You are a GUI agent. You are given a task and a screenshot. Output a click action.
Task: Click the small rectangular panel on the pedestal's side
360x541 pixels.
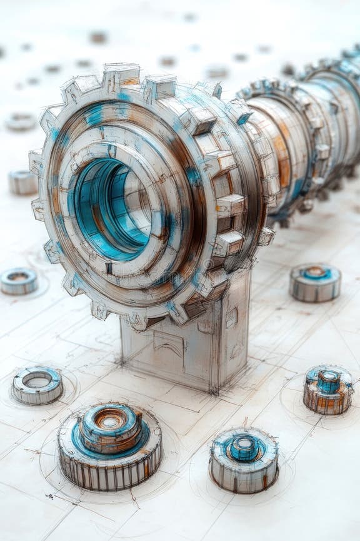click(x=231, y=318)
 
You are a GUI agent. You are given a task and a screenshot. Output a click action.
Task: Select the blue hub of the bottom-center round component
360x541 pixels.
click(x=244, y=447)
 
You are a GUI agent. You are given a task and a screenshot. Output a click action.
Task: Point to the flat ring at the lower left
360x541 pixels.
click(x=37, y=385)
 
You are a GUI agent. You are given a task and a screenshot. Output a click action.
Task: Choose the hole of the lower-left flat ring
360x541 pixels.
click(x=37, y=380)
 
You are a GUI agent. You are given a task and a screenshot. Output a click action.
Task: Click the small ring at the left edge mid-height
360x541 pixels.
click(x=18, y=281)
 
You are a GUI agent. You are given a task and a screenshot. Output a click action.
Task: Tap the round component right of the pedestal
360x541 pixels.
click(x=315, y=282)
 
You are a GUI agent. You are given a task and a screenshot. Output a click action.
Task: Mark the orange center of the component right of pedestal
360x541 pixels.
click(x=316, y=273)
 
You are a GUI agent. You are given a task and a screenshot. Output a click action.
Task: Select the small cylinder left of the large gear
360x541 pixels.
click(x=23, y=182)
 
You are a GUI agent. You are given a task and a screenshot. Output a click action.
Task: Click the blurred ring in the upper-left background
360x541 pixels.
click(x=21, y=121)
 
